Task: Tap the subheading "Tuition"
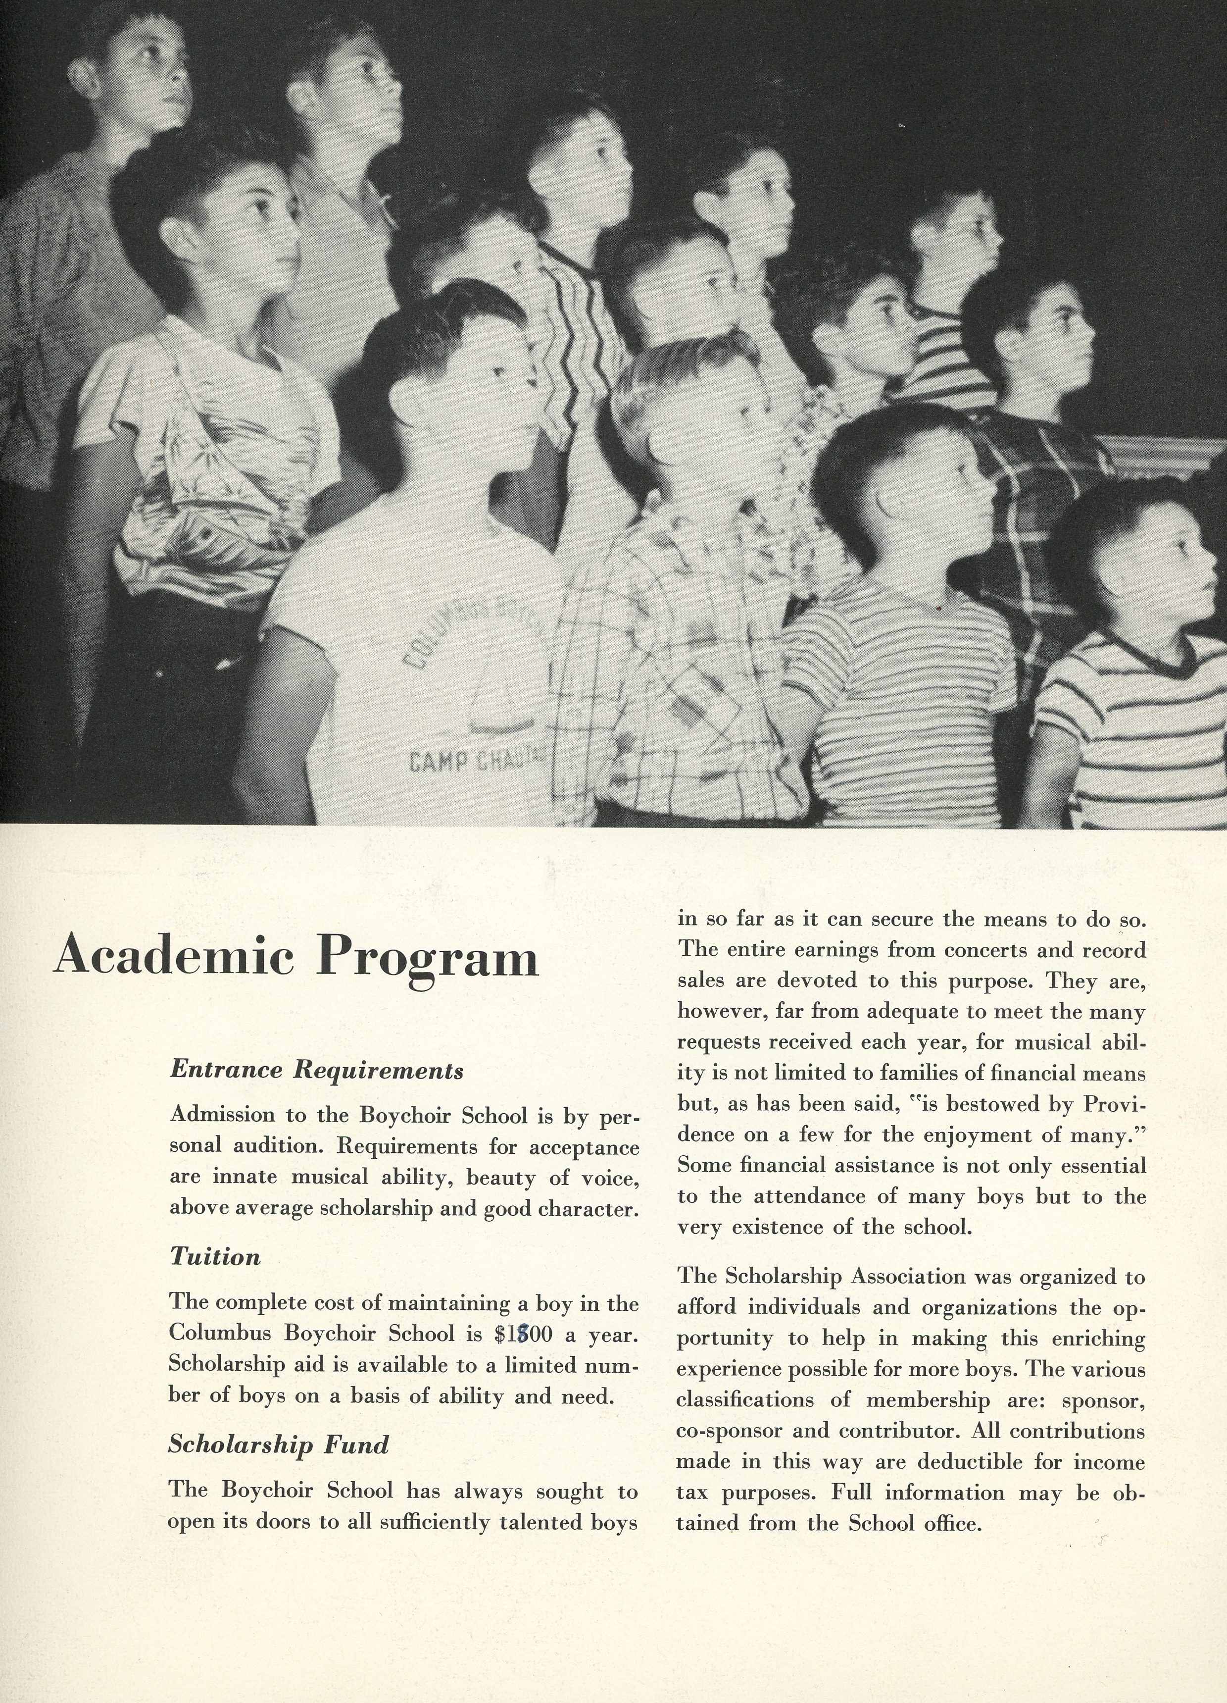pyautogui.click(x=215, y=1256)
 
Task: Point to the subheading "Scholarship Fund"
pyautogui.click(x=279, y=1444)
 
